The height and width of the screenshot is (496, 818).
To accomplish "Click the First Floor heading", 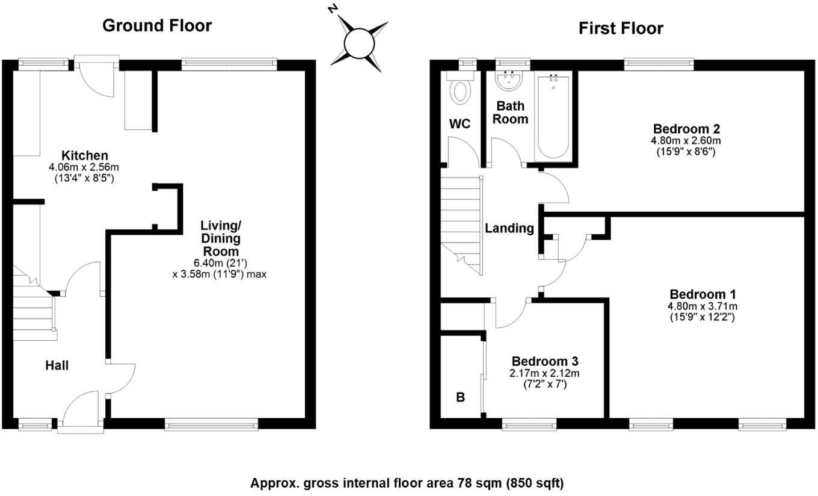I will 621,28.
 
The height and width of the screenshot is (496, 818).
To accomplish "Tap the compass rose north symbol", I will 360,42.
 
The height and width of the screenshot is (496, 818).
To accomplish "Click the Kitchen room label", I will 84,156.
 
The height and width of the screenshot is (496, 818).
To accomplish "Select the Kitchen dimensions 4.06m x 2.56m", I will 84,167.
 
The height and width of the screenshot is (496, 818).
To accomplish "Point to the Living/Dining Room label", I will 220,238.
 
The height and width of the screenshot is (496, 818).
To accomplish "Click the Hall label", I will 57,365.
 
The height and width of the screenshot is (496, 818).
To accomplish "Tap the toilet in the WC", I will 461,91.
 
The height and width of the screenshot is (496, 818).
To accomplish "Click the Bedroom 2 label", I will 686,129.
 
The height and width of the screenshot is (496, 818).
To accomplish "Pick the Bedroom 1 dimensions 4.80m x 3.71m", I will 703,306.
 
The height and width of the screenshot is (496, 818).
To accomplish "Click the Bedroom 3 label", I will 545,361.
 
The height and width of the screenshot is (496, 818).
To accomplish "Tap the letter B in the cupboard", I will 460,397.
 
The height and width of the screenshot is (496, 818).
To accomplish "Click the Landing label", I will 509,228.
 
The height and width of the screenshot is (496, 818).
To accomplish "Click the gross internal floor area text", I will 407,483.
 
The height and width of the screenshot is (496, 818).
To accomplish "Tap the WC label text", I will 460,124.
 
